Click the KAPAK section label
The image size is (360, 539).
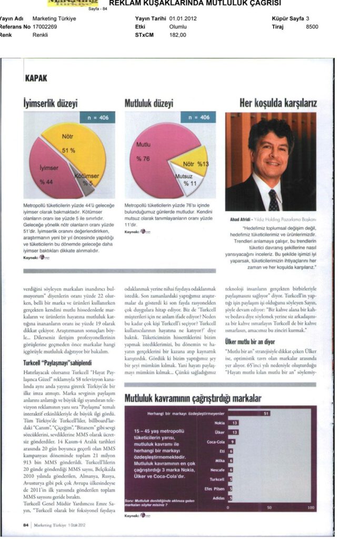36,78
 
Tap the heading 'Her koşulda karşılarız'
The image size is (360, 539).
278,102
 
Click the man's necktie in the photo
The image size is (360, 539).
273,200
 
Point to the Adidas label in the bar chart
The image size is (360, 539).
219,497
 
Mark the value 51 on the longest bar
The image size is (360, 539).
267,413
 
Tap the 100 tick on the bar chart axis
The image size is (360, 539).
311,507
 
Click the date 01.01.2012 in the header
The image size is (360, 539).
183,18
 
